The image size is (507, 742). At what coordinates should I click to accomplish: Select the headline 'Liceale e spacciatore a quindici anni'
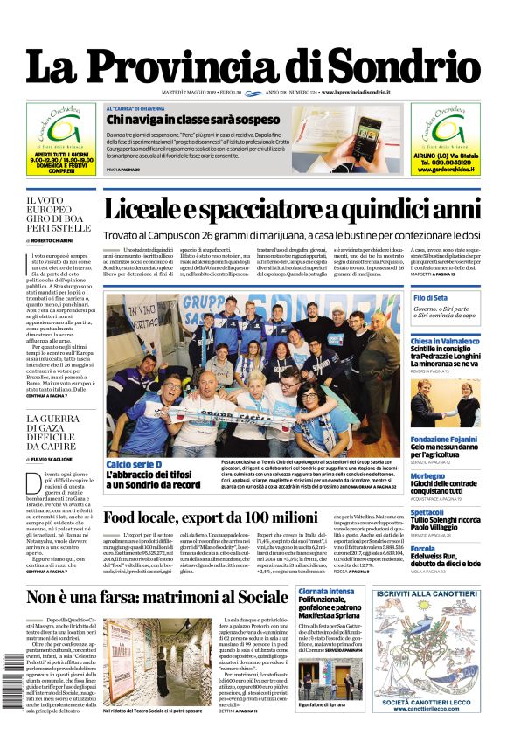click(x=303, y=209)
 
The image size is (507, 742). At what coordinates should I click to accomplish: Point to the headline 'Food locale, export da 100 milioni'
click(x=210, y=517)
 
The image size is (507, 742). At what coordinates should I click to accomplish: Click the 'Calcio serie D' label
click(x=133, y=464)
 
